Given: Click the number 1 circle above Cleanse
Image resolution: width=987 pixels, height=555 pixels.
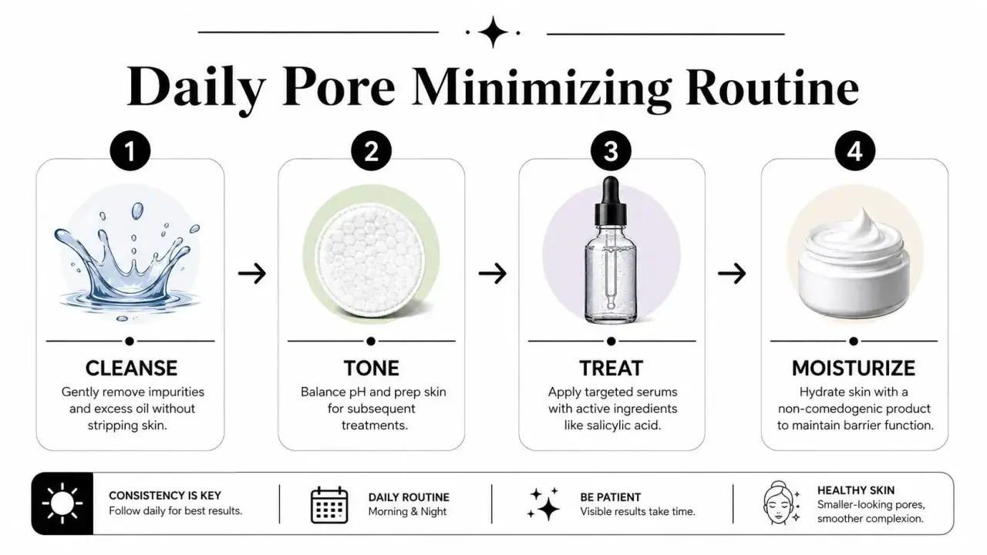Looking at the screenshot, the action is coord(130,150).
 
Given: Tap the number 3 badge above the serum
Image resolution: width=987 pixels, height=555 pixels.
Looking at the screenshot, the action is coord(611,150).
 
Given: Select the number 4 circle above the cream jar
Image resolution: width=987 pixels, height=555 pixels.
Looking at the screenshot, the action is coord(855,150).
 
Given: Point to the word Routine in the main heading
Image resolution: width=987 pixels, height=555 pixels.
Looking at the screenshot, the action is coord(772,86).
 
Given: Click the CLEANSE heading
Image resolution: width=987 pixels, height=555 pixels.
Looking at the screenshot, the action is coord(131,368).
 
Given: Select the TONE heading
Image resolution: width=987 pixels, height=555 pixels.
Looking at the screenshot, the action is coord(372,368).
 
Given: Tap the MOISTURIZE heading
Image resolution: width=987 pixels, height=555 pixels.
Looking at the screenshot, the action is coord(854,368).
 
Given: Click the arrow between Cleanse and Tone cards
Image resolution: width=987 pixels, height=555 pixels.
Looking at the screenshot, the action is coord(252,274).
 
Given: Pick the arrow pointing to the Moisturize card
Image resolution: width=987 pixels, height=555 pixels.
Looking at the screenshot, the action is coord(732,274).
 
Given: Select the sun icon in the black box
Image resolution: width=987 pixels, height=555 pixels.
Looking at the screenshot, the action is coord(62,503).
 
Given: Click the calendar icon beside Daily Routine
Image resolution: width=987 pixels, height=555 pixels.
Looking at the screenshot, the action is coord(329,505).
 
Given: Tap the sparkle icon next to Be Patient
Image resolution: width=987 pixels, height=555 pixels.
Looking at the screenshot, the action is coord(544,504).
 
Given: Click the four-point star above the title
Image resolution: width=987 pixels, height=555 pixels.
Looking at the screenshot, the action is coord(493,32).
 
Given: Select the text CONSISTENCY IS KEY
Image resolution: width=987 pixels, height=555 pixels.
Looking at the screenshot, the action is coord(165,496).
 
